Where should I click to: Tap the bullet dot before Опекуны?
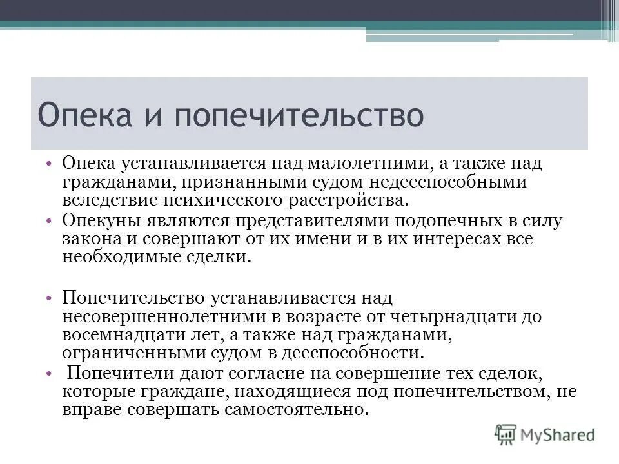click(x=50, y=220)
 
